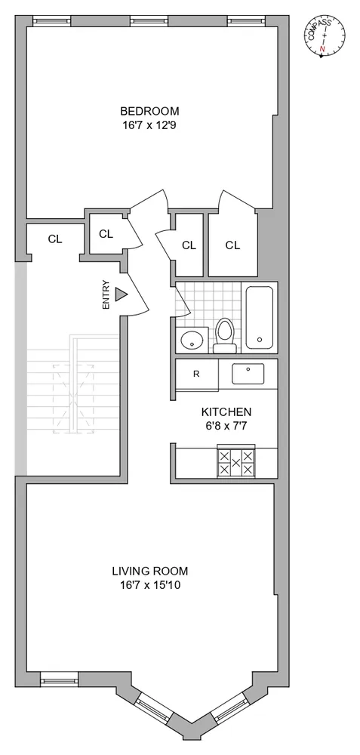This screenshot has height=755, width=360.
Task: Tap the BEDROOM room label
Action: (x=149, y=111)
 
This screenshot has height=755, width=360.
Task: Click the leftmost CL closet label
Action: (x=54, y=239)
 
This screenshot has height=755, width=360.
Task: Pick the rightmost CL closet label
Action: (x=232, y=245)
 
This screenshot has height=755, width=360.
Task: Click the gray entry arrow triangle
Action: (x=121, y=296)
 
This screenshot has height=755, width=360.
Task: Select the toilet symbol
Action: (x=224, y=334)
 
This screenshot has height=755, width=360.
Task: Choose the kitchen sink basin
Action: (x=248, y=373)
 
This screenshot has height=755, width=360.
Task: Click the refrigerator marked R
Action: (x=196, y=374)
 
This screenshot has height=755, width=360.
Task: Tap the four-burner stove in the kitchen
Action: (x=235, y=462)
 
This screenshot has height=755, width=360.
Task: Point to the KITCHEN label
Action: (x=226, y=412)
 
